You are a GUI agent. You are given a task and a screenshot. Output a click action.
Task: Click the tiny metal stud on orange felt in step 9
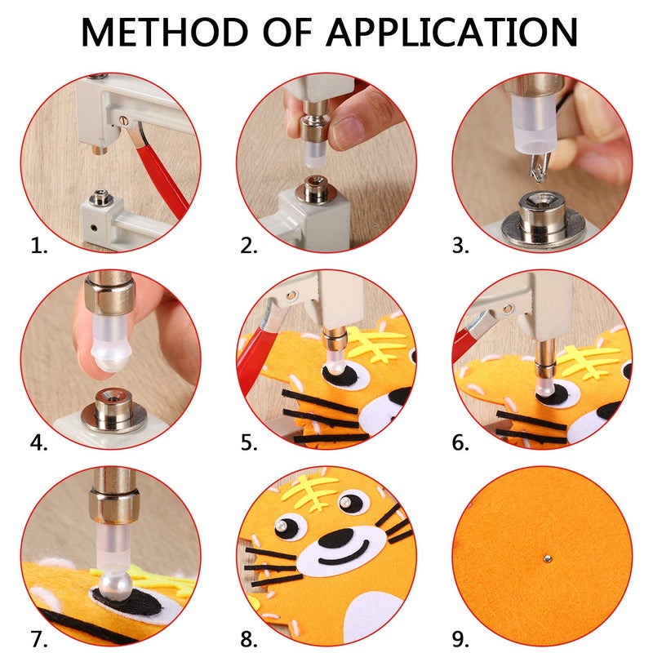click(545, 560)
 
